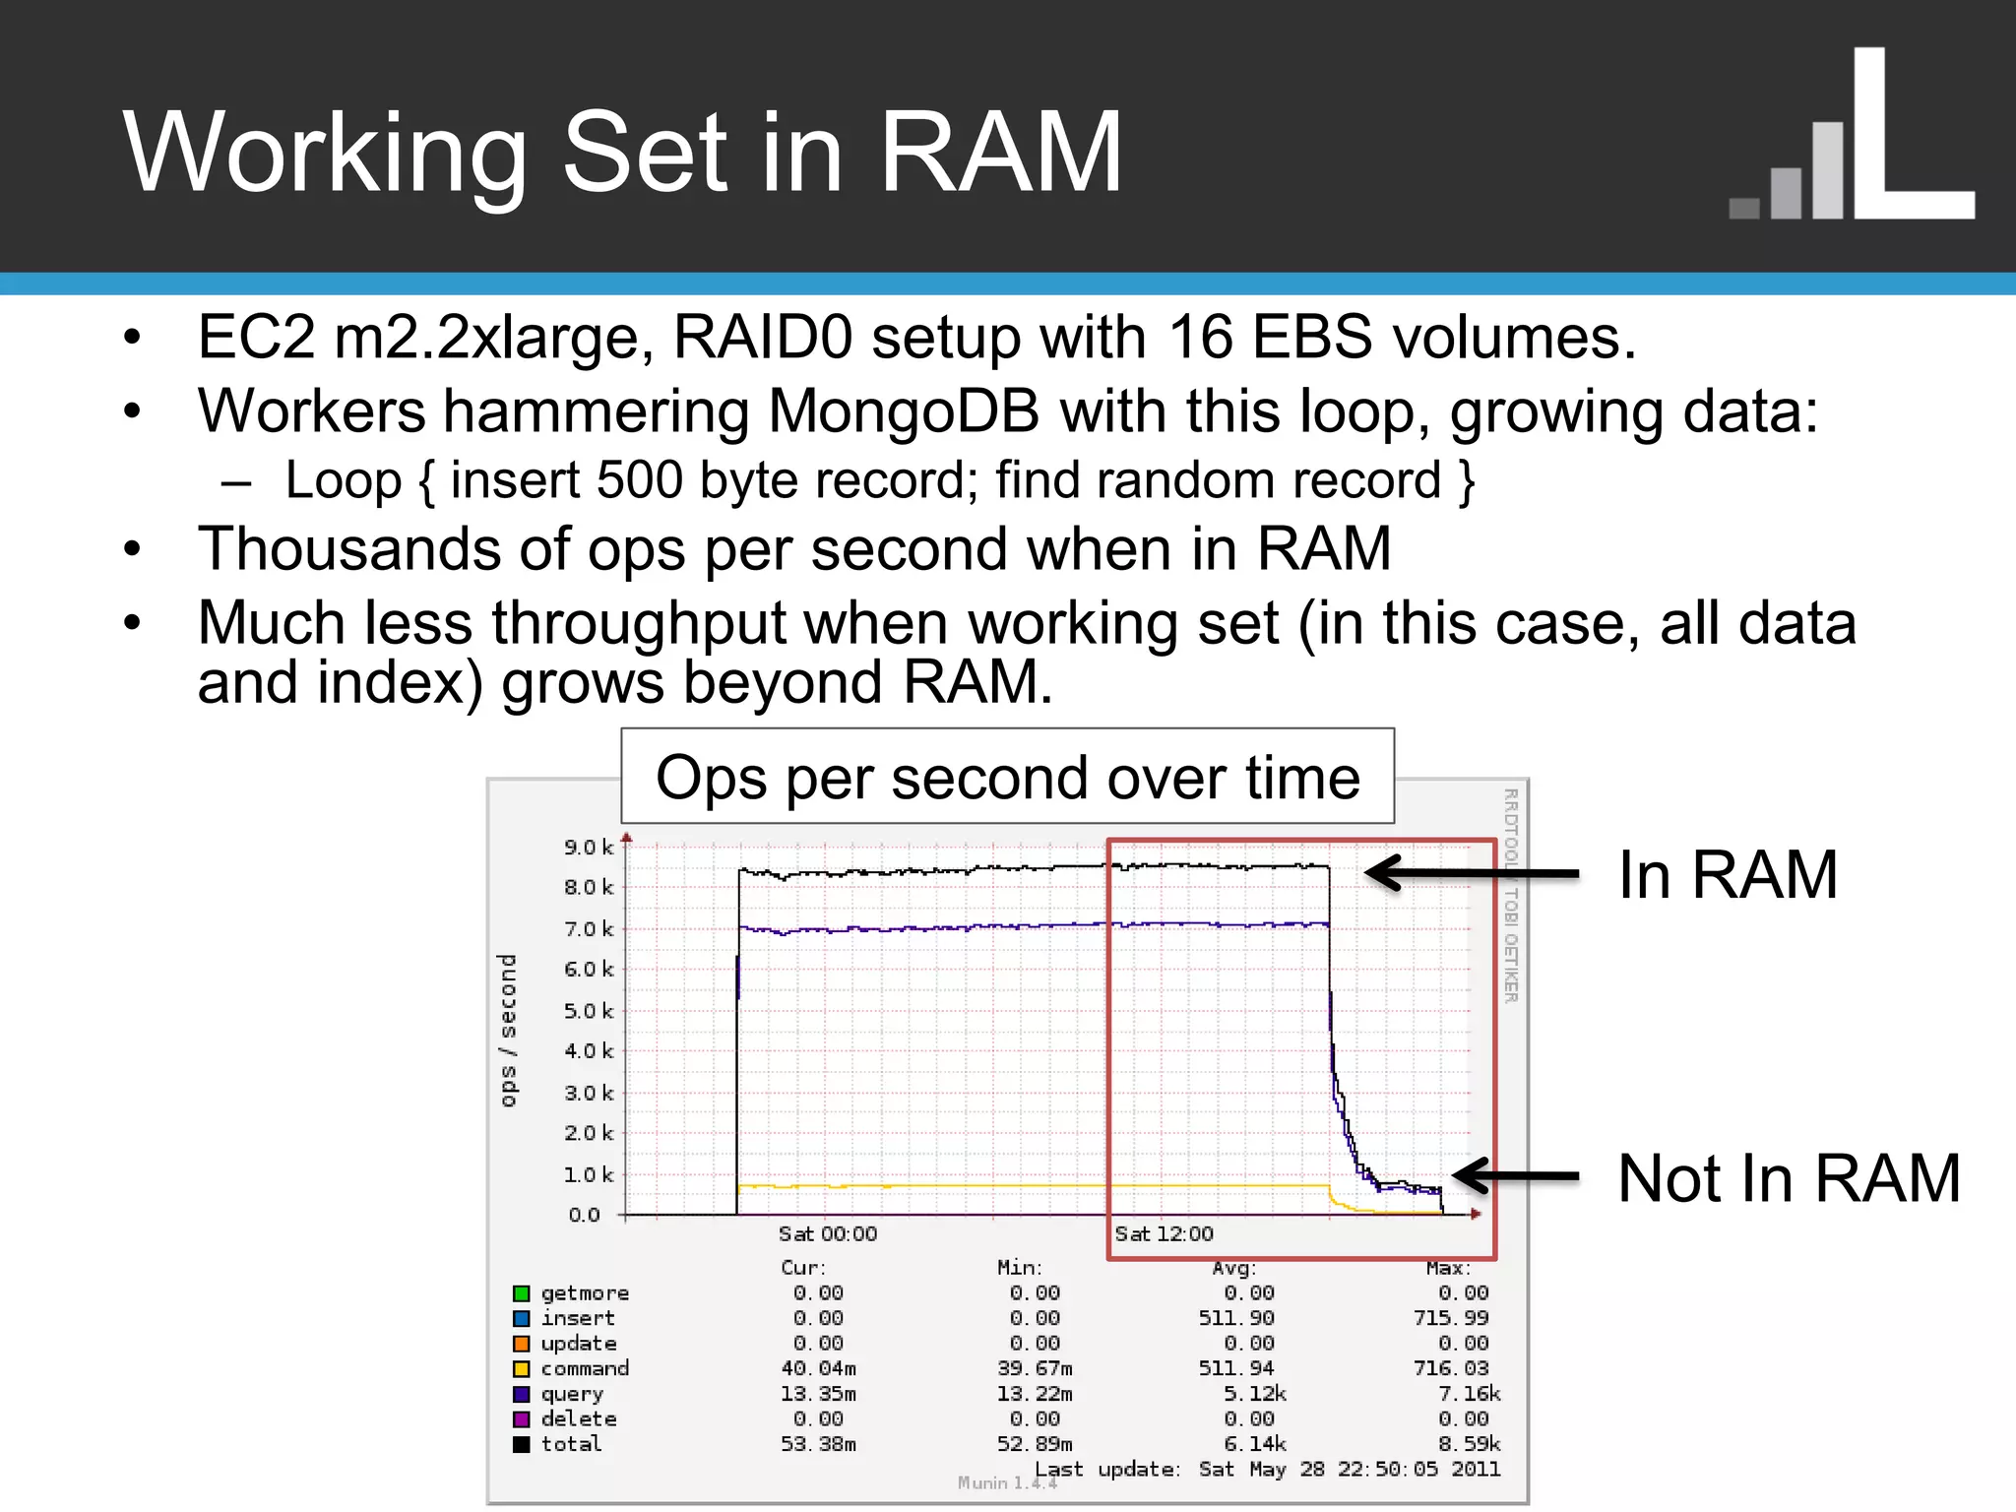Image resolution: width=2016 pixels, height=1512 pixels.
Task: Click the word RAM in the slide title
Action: (x=999, y=153)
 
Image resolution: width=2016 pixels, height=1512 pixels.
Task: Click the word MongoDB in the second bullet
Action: (x=903, y=410)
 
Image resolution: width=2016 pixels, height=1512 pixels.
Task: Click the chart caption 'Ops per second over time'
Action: (x=1007, y=778)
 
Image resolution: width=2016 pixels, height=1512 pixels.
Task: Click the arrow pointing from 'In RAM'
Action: (x=1472, y=873)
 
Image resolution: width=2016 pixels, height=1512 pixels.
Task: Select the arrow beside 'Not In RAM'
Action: (x=1516, y=1176)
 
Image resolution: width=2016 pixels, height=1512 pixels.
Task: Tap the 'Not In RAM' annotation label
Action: (x=1789, y=1177)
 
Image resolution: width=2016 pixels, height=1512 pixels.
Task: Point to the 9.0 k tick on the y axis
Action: (x=588, y=848)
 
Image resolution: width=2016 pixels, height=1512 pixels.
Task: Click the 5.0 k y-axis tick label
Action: (x=588, y=1011)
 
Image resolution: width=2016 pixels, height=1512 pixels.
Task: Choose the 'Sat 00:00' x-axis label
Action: (x=827, y=1234)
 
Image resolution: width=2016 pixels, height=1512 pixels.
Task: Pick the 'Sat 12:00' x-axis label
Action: (x=1164, y=1234)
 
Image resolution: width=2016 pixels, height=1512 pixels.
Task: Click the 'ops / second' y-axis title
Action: (x=508, y=1030)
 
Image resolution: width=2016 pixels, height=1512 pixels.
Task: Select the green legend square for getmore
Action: (x=522, y=1293)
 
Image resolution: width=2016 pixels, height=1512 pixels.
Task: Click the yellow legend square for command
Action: (x=522, y=1369)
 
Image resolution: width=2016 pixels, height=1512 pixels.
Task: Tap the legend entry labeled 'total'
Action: (x=571, y=1444)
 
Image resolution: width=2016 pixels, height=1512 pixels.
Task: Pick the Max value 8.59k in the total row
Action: (x=1469, y=1444)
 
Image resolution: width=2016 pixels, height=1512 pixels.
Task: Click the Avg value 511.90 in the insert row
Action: (x=1235, y=1318)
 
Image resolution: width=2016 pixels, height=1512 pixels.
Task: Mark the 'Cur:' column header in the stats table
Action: (x=803, y=1268)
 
